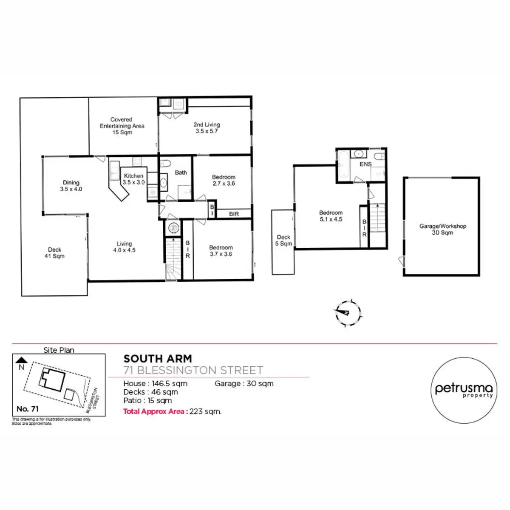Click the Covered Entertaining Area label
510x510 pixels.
tap(122, 126)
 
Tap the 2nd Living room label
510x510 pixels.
tap(207, 128)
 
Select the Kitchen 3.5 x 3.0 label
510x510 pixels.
tap(134, 179)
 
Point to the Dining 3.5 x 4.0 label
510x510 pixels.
tap(71, 186)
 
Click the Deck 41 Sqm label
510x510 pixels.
tap(54, 253)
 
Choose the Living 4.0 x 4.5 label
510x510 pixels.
tap(124, 247)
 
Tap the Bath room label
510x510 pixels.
tap(181, 173)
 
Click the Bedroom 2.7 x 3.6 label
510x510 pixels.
tap(224, 180)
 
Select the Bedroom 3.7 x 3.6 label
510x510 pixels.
tap(221, 251)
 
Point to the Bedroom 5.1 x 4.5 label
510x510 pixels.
tap(331, 216)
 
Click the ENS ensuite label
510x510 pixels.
tap(365, 164)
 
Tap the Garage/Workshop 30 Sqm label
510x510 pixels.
tap(442, 229)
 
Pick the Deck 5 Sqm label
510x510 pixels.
tap(283, 241)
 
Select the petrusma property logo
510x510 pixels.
tap(464, 390)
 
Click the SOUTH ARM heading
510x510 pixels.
tap(157, 359)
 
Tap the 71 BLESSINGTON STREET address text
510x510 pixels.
tap(193, 370)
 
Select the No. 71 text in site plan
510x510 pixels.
tap(28, 409)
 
